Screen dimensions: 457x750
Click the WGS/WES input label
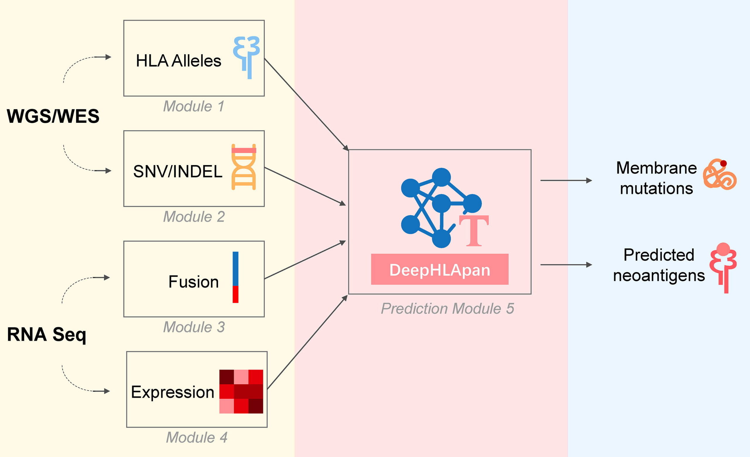coord(53,116)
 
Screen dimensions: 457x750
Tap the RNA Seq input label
coord(47,334)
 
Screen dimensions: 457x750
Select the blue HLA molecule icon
coord(247,57)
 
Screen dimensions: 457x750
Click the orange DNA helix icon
coord(243,167)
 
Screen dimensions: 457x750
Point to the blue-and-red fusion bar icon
coord(235,277)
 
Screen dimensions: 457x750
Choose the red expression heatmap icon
coord(241,392)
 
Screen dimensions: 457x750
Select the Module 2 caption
coord(194,217)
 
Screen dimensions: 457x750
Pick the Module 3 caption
coord(194,327)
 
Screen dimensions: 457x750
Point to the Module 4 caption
coord(197,438)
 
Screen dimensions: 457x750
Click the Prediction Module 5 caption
coord(447,309)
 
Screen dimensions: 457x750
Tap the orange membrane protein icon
coord(720,174)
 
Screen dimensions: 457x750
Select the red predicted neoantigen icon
coord(723,267)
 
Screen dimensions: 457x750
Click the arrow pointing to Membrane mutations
coord(566,181)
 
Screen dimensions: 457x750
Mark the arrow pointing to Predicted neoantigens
coord(566,265)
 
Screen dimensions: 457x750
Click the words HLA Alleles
coord(178,61)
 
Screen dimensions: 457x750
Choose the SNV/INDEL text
coord(178,171)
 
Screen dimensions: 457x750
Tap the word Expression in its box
coord(173,392)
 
